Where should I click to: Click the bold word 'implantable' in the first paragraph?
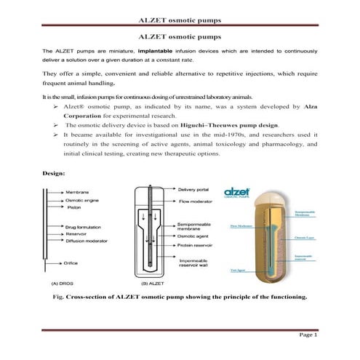158,52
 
